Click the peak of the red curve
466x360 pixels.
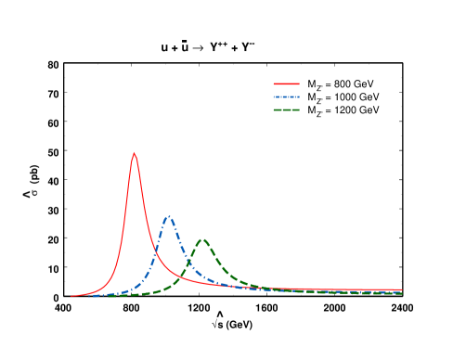(x=135, y=153)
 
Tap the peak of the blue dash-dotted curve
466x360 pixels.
(x=168, y=216)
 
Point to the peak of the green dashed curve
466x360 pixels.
(x=202, y=239)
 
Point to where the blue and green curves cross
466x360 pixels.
(x=188, y=264)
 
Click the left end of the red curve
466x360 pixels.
(x=71, y=296)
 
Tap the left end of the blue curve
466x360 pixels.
(x=89, y=296)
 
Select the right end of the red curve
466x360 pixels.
(x=402, y=289)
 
